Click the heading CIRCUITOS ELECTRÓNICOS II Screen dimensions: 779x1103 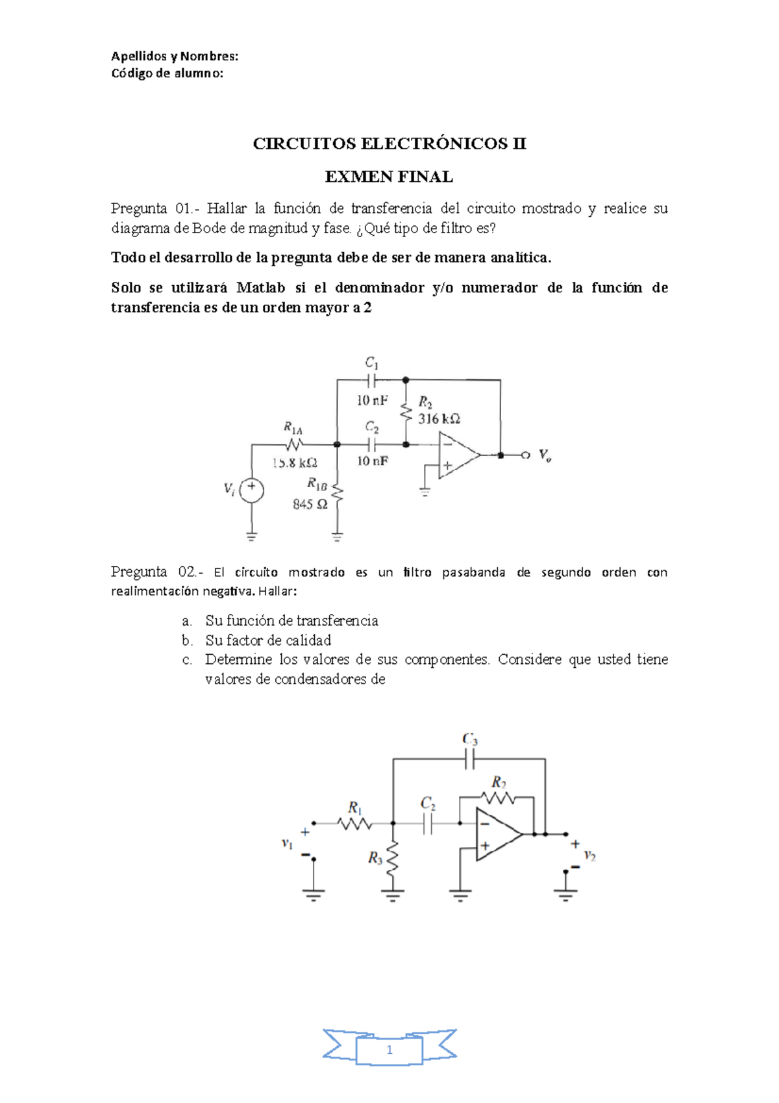click(389, 144)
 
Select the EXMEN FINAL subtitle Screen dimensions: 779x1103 click(389, 177)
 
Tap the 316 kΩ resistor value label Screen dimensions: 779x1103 click(439, 419)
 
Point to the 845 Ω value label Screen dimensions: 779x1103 click(310, 504)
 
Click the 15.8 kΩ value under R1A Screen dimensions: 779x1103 click(295, 463)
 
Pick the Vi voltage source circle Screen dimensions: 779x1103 click(251, 489)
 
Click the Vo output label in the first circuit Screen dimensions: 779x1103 click(545, 455)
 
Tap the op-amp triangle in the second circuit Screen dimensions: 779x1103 click(497, 835)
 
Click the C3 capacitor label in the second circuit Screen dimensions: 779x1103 click(470, 739)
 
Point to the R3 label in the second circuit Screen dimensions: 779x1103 click(375, 858)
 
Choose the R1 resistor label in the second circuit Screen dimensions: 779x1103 click(354, 807)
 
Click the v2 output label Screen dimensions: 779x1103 click(589, 856)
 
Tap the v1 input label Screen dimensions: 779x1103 click(287, 843)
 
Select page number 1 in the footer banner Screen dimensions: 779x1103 click(389, 1050)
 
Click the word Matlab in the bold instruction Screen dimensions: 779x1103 click(260, 288)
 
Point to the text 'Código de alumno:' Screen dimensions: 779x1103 click(167, 73)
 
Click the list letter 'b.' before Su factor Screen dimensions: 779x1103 click(188, 640)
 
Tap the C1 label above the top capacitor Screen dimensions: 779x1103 click(371, 362)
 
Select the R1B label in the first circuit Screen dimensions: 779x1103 click(317, 484)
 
